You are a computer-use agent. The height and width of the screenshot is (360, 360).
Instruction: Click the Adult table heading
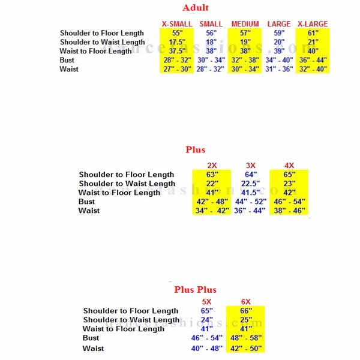coord(196,8)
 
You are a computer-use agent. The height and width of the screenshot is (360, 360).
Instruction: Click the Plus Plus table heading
coord(196,290)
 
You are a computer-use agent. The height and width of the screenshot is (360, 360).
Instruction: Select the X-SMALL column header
coord(177,24)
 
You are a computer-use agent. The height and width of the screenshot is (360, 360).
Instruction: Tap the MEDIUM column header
coord(245,24)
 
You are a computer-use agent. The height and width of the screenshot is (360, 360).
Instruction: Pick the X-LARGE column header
coord(313,24)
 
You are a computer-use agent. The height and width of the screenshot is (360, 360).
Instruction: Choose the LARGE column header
coord(279,24)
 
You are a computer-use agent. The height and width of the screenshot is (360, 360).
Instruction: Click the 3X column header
coord(251,166)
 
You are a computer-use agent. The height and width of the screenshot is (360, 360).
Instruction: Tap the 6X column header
coord(246,302)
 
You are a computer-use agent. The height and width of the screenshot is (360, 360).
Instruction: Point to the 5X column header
coord(207,302)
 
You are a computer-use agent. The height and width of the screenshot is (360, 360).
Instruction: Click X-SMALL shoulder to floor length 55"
coord(177,33)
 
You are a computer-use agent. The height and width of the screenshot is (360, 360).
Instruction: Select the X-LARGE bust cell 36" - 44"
coord(313,60)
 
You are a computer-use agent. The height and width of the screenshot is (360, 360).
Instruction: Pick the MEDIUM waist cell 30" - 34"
coord(245,69)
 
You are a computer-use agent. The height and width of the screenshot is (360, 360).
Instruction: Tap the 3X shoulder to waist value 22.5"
coord(251,184)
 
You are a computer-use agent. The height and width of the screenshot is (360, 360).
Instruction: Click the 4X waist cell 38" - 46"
coord(290,211)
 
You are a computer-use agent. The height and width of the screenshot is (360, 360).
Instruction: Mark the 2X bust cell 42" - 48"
coord(212,202)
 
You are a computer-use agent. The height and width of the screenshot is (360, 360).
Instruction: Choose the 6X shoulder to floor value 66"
coord(246,311)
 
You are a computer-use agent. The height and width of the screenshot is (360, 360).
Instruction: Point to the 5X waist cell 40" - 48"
coord(207,348)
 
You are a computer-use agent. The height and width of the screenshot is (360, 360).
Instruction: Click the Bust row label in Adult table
coord(67,60)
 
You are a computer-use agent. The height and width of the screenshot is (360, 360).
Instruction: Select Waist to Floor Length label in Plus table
coord(119,193)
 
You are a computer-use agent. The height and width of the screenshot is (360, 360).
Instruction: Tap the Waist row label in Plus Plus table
coord(93,348)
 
